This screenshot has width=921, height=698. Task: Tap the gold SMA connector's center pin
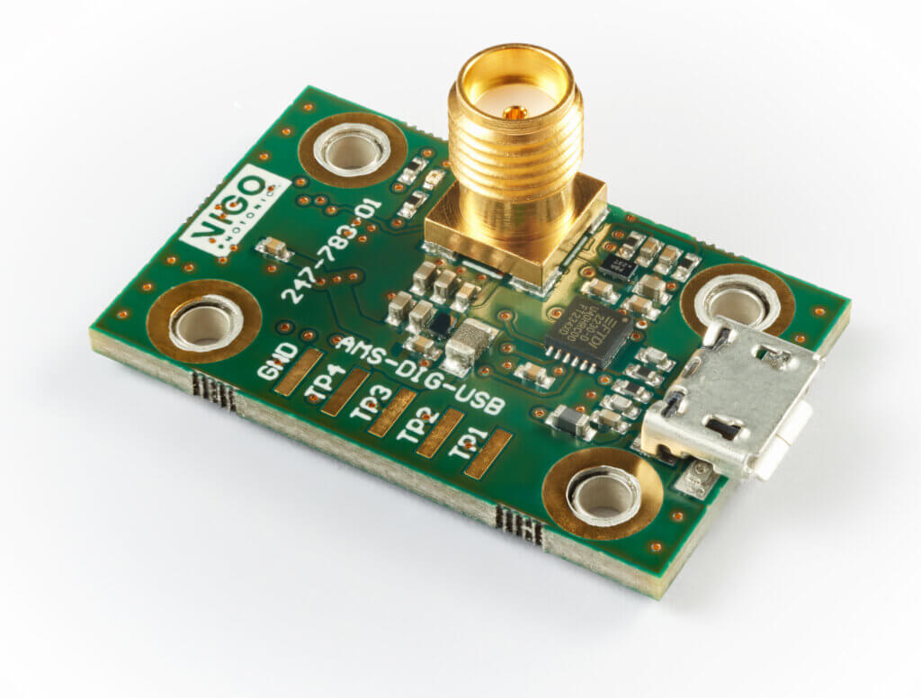click(x=514, y=112)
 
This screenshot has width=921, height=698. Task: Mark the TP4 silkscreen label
click(x=320, y=379)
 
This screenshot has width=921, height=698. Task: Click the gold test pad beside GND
click(x=298, y=371)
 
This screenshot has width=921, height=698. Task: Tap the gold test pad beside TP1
click(x=488, y=453)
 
